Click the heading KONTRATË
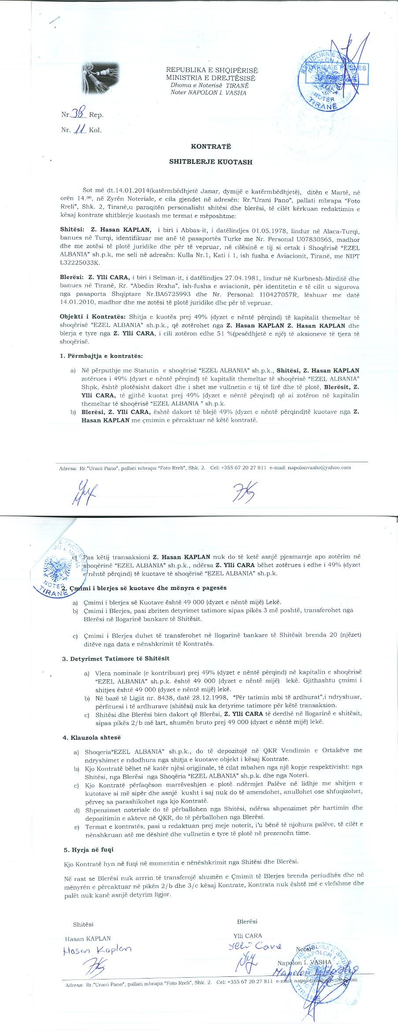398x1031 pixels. click(x=210, y=146)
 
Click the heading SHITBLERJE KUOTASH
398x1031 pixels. click(x=211, y=162)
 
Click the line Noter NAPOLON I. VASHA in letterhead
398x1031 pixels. click(x=208, y=93)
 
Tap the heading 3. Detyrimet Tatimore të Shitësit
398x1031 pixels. click(x=116, y=658)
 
